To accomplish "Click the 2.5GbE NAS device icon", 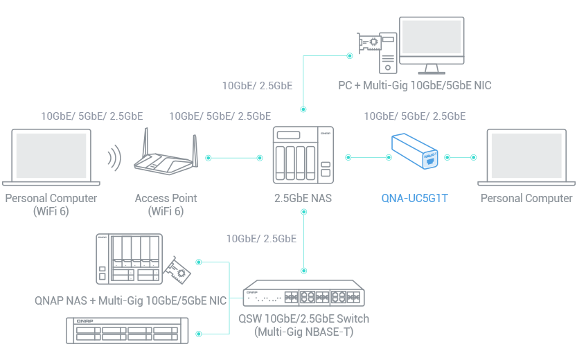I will click(302, 156).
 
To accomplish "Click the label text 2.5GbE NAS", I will click(302, 199).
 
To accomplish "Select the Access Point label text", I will click(166, 199).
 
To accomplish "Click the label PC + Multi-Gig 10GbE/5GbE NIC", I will click(414, 86).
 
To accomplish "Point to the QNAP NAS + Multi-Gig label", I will click(130, 301).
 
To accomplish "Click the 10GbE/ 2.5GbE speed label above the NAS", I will click(256, 87).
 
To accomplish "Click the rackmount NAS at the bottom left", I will click(127, 330).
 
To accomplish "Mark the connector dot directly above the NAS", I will click(302, 109).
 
